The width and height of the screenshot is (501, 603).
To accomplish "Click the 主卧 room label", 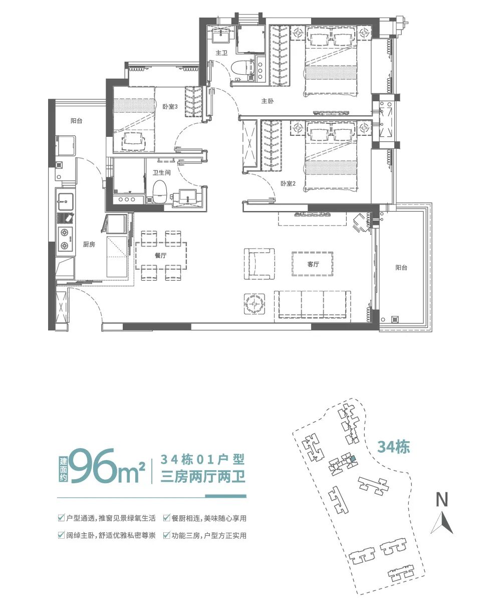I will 267,101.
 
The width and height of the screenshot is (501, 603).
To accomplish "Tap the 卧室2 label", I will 288,183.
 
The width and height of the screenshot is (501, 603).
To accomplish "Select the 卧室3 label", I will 170,106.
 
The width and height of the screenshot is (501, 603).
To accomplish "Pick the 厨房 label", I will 89,244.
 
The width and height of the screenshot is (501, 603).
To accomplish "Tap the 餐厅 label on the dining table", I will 161,255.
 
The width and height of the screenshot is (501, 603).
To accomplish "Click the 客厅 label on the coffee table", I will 313,264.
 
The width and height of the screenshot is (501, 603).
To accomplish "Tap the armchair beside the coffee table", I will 260,264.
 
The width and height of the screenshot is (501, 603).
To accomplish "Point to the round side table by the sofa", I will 255,303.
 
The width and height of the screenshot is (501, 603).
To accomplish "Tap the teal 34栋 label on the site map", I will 393,447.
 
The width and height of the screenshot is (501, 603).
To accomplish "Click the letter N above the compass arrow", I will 441,499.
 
